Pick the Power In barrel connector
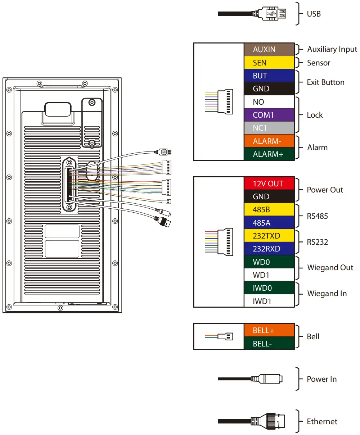point(268,379)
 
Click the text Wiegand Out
point(330,268)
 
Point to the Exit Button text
point(325,82)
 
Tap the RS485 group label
point(317,216)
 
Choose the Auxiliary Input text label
point(332,49)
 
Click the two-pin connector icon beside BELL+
point(226,336)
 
